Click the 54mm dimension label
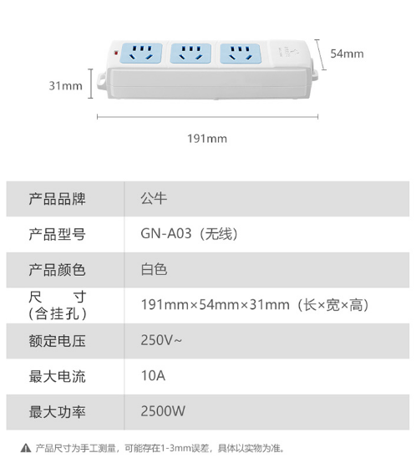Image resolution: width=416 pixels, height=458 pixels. click(347, 53)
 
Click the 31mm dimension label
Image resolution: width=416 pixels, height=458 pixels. click(65, 86)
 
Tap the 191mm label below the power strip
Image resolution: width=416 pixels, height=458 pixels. click(207, 139)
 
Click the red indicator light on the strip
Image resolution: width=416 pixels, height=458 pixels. click(116, 53)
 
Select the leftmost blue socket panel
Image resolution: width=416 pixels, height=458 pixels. click(141, 53)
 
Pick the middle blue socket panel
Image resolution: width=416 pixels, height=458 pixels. click(190, 53)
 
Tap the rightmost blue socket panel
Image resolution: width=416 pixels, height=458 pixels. click(240, 53)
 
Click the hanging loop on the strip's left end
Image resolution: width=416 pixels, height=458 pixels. click(102, 80)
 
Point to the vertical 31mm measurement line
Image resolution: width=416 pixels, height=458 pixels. click(91, 84)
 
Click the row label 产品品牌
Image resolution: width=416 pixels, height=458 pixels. click(57, 199)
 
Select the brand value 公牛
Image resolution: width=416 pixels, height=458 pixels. click(154, 199)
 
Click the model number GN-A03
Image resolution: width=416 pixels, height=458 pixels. click(166, 234)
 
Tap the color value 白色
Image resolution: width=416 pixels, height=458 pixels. click(154, 269)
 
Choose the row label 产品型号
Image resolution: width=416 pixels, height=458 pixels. click(57, 234)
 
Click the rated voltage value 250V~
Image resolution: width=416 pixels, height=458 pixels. click(161, 340)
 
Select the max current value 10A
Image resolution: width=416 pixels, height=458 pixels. click(153, 375)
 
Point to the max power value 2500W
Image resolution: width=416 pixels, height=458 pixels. click(163, 411)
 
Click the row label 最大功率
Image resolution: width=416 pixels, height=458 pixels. click(57, 412)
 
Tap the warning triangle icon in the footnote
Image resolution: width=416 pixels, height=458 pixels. click(26, 448)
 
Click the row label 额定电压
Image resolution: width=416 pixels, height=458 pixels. click(57, 341)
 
